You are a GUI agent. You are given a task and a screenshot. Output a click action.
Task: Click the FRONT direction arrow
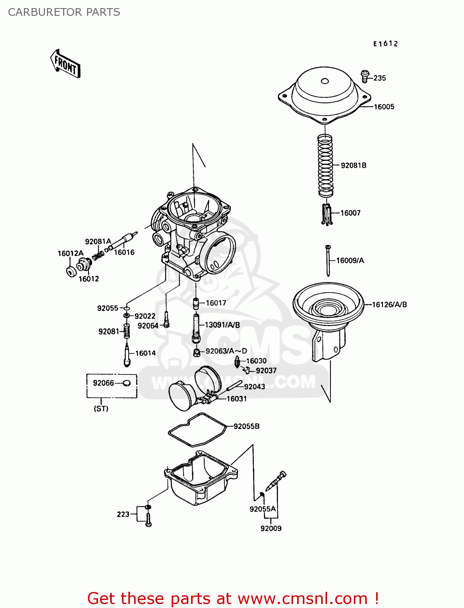point(65,64)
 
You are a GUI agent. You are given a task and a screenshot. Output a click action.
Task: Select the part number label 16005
point(384,107)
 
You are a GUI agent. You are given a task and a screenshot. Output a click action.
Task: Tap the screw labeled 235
point(365,75)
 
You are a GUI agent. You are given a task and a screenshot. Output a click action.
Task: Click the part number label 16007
point(350,213)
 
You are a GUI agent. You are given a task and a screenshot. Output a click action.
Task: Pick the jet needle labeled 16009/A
point(328,260)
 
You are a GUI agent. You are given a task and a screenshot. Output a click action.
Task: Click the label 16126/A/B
point(390,305)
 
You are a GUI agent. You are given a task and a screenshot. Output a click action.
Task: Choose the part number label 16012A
point(70,254)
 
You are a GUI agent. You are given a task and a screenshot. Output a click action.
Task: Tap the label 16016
point(124,253)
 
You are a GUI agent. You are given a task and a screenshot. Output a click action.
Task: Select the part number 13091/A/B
point(222,325)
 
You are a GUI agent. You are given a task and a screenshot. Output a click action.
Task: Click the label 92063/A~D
point(226,351)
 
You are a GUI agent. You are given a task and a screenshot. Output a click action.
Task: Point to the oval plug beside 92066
point(127,383)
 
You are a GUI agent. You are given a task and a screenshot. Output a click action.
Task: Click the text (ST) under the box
point(101,409)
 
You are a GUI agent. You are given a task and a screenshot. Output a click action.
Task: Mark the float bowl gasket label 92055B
point(246,426)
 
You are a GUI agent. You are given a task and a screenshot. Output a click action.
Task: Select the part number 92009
point(271,529)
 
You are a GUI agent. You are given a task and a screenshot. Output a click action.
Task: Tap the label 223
point(123,514)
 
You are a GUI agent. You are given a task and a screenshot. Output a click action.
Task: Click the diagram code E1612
point(385,44)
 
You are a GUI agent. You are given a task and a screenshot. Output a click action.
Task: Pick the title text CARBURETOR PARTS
point(64,12)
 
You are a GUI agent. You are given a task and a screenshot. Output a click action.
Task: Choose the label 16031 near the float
point(236,399)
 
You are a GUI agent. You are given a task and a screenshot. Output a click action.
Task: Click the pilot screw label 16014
point(145,353)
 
